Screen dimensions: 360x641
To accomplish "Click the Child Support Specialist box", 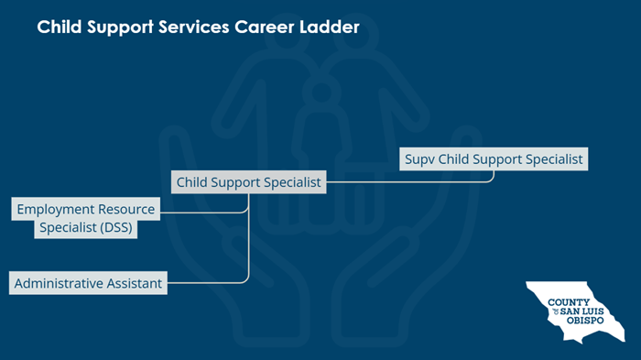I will pyautogui.click(x=248, y=182).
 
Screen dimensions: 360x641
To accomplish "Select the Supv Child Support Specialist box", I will pyautogui.click(x=494, y=158).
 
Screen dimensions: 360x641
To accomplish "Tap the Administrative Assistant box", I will pyautogui.click(x=88, y=283).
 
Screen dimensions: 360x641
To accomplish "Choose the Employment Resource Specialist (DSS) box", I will pyautogui.click(x=86, y=219).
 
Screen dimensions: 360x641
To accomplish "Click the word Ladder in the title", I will pyautogui.click(x=328, y=27).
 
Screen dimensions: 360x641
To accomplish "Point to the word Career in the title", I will pyautogui.click(x=261, y=27).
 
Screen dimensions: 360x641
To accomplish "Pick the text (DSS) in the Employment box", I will pyautogui.click(x=110, y=229).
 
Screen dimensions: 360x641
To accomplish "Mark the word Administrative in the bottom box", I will pyautogui.click(x=58, y=283).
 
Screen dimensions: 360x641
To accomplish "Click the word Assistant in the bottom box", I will pyautogui.click(x=133, y=283).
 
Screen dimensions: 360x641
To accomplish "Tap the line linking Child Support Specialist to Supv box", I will pyautogui.click(x=412, y=181).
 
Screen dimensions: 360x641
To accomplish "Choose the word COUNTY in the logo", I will pyautogui.click(x=566, y=302).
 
